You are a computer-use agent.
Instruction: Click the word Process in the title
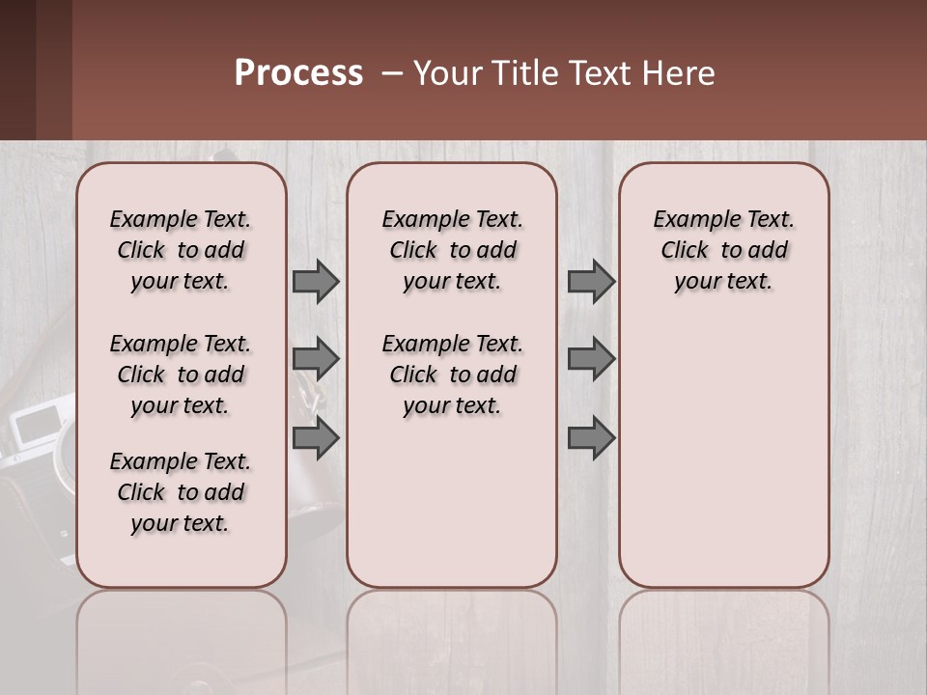coord(298,73)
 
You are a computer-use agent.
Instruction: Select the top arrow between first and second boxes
coord(316,281)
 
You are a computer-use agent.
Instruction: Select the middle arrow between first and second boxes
coord(316,359)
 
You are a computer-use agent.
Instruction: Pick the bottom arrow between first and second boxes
coord(316,438)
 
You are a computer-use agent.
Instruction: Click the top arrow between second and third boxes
coord(591,281)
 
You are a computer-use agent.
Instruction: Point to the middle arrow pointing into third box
coord(591,359)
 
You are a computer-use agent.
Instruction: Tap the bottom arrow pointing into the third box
coord(591,438)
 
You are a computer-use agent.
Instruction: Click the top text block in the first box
coord(181,250)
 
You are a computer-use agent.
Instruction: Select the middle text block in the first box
coord(181,375)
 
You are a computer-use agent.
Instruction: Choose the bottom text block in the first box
coord(181,492)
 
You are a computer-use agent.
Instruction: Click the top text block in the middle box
coord(453,250)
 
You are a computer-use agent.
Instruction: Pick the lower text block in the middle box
coord(453,375)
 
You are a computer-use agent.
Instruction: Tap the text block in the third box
coord(724,250)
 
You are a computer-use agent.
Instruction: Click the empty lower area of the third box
coord(724,454)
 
